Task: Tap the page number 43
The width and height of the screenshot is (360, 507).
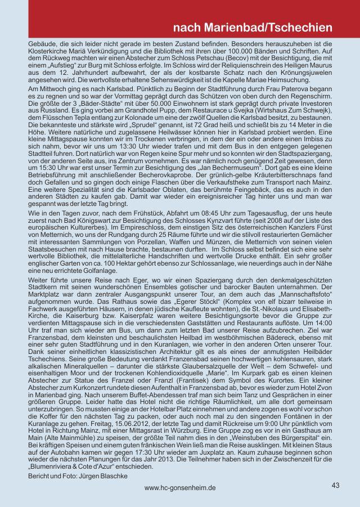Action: (x=336, y=484)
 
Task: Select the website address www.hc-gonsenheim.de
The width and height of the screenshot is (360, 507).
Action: (x=179, y=488)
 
